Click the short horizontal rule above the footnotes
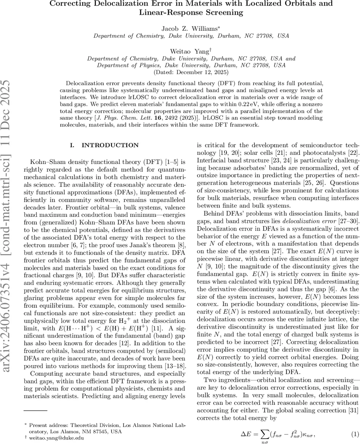(x=36, y=410)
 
